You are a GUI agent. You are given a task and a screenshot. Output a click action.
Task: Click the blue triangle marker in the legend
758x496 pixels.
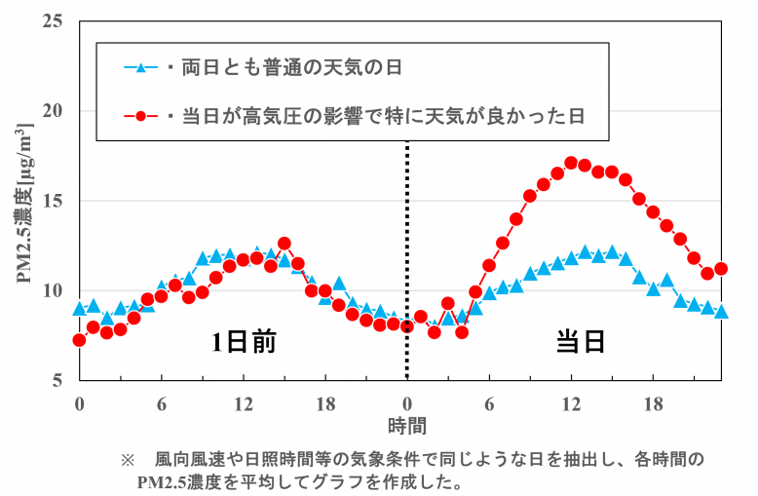(x=140, y=68)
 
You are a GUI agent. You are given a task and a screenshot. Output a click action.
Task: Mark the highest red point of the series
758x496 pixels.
(x=571, y=163)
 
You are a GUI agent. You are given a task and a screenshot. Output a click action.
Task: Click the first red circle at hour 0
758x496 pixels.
(x=79, y=340)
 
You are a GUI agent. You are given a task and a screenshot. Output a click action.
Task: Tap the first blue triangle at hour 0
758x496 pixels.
(x=79, y=309)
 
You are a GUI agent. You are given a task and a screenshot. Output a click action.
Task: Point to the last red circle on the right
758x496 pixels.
(x=721, y=269)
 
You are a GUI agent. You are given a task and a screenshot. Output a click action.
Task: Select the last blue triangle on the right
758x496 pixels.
(x=721, y=312)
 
